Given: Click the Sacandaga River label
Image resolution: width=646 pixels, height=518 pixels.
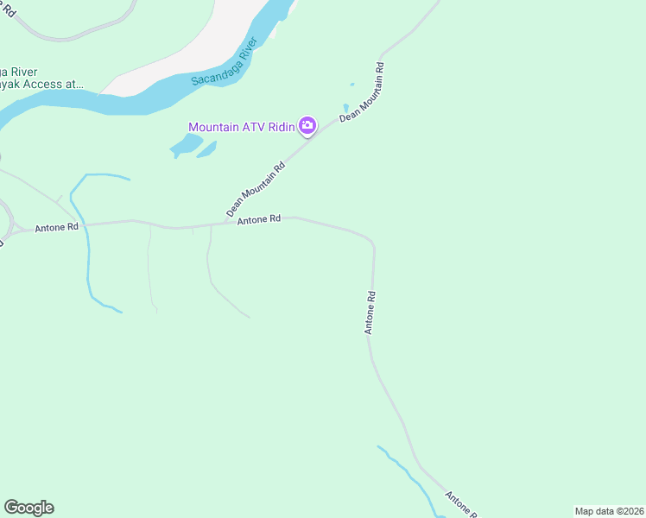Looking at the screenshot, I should point(220,65).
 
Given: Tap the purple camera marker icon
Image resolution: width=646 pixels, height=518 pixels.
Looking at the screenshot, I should point(307,127).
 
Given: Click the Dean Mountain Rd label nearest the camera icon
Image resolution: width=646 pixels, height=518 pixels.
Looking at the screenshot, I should point(362,92).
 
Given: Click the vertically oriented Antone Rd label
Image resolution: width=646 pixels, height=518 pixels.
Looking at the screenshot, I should point(370,313).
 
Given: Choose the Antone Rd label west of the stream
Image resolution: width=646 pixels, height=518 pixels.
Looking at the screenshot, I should point(56,228).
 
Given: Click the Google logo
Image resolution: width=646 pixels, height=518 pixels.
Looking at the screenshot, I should point(28,508).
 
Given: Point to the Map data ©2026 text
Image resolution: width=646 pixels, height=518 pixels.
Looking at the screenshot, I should point(609,511).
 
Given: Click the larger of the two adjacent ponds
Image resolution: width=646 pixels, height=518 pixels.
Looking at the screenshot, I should point(185,145).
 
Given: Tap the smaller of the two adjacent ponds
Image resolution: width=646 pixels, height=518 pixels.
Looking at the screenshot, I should point(207,148).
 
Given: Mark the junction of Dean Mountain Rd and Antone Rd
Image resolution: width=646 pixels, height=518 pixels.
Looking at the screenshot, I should point(225,223).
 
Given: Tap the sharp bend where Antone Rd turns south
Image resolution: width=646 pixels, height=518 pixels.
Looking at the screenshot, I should point(372,241).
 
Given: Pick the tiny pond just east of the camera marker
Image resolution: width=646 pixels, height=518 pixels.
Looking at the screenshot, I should point(346,109).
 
